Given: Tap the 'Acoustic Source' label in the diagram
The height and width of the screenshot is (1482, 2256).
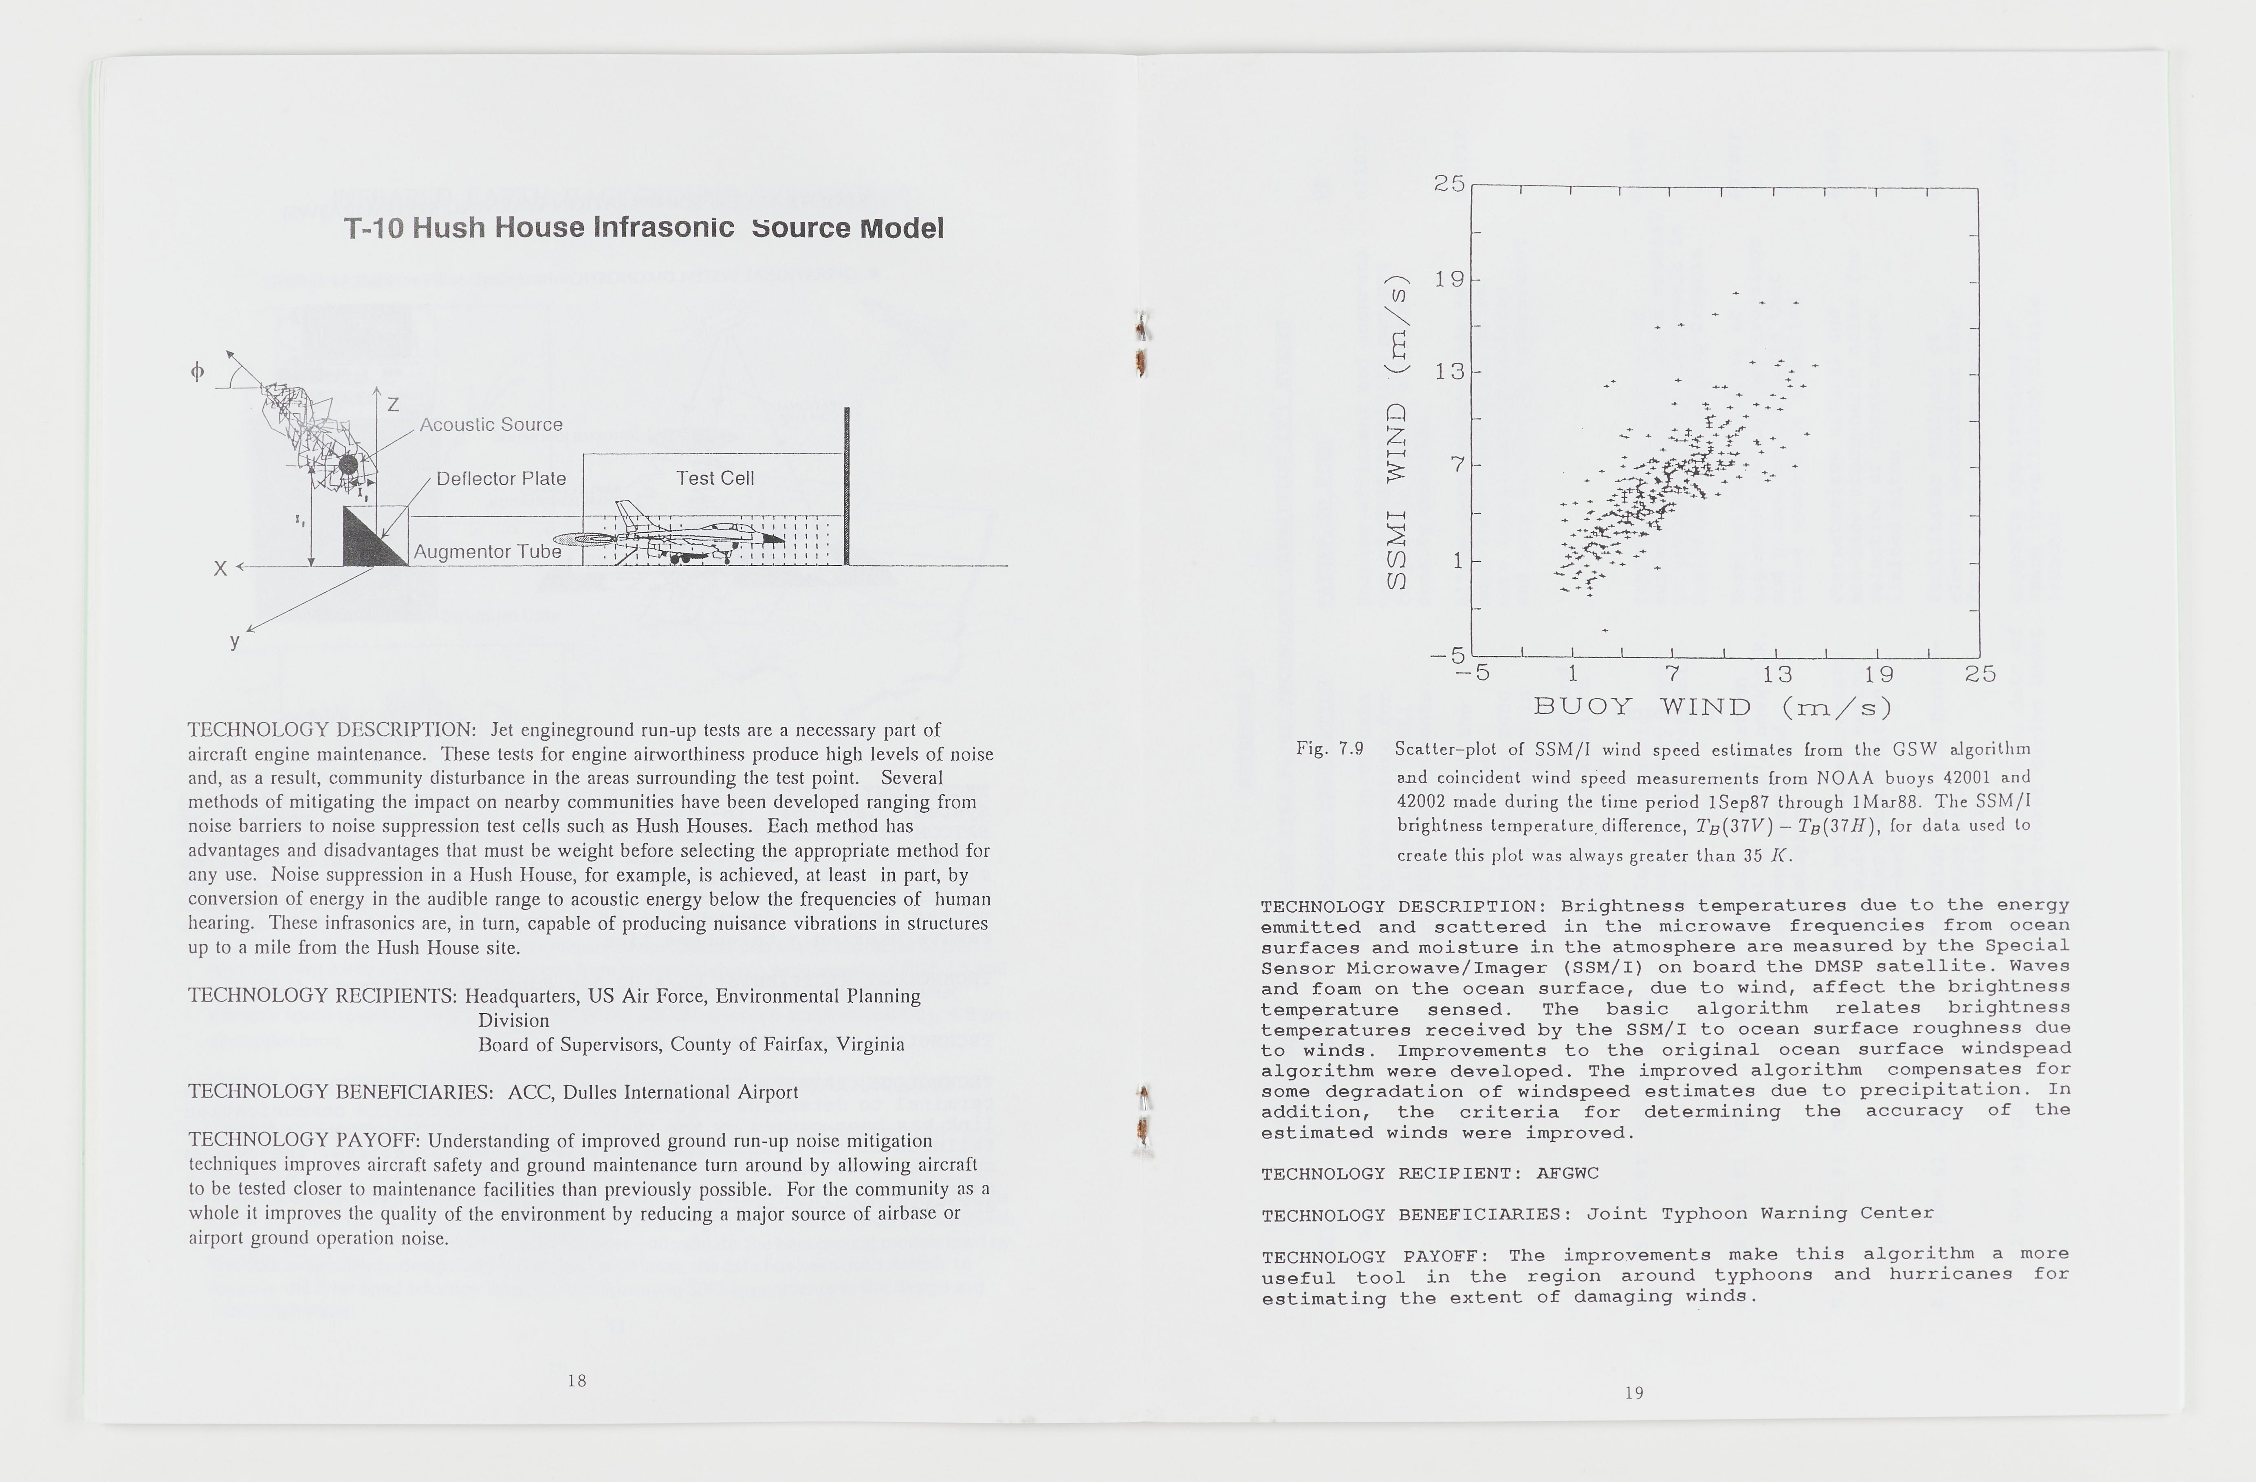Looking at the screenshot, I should [x=491, y=425].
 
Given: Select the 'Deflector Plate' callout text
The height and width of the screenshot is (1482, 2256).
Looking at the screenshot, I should [x=502, y=479].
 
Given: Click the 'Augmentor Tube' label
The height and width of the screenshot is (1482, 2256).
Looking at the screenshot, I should [x=487, y=552].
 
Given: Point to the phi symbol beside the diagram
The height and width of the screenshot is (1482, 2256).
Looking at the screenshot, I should [x=197, y=372].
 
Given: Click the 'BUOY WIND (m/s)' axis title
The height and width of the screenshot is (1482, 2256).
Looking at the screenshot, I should [x=1712, y=707].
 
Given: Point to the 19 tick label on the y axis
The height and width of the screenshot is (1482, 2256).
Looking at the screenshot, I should [x=1449, y=280].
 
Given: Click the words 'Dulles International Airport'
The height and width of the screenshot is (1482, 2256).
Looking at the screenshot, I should [x=680, y=1092].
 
